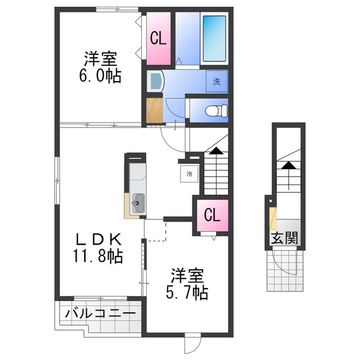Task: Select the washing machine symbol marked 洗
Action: pyautogui.click(x=217, y=81)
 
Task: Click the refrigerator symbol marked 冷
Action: pyautogui.click(x=189, y=174)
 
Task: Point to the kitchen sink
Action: pyautogui.click(x=137, y=201)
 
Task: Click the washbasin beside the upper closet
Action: pyautogui.click(x=155, y=82)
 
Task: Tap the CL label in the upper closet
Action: pyautogui.click(x=158, y=39)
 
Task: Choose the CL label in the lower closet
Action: pyautogui.click(x=212, y=215)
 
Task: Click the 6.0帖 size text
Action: pyautogui.click(x=101, y=76)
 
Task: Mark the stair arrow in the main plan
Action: pyautogui.click(x=215, y=150)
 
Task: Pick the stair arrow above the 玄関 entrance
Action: pyautogui.click(x=287, y=165)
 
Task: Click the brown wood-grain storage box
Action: pyautogui.click(x=154, y=111)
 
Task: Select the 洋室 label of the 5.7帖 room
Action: pyautogui.click(x=187, y=276)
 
